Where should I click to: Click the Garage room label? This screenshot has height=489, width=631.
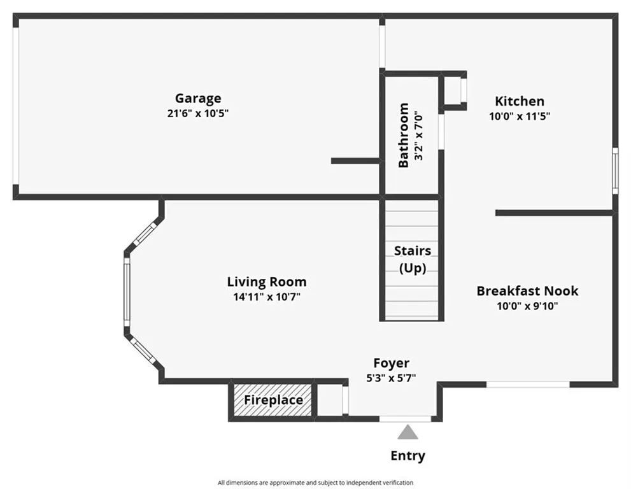[x=198, y=99]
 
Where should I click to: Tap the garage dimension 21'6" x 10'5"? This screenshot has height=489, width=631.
[x=198, y=113]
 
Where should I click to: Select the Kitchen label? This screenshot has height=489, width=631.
[x=520, y=101]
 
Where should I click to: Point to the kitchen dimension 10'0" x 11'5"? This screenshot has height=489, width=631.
[x=520, y=117]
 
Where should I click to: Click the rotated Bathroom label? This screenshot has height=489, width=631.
[x=404, y=135]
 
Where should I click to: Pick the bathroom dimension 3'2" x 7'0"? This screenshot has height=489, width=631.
[x=419, y=136]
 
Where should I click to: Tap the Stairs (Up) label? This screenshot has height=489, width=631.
[x=413, y=259]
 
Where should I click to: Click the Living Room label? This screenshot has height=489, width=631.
[x=267, y=281]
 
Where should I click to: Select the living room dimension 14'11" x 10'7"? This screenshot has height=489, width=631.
[x=267, y=297]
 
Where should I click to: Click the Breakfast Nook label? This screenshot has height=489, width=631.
[x=528, y=291]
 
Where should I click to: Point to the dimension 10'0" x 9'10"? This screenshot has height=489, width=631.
[x=528, y=306]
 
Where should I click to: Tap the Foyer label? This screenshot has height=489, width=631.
[x=391, y=364]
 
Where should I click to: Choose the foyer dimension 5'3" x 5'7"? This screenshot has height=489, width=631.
[x=391, y=378]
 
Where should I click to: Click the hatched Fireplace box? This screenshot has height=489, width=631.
[x=273, y=400]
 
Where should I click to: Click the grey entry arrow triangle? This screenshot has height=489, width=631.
[x=408, y=432]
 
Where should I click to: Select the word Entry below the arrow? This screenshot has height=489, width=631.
[x=408, y=456]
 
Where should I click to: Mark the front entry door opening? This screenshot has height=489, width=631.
[x=405, y=419]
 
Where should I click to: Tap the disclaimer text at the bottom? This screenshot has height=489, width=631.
[x=316, y=483]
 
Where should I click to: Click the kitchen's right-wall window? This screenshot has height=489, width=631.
[x=615, y=171]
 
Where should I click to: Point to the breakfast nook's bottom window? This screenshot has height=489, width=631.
[x=528, y=385]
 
